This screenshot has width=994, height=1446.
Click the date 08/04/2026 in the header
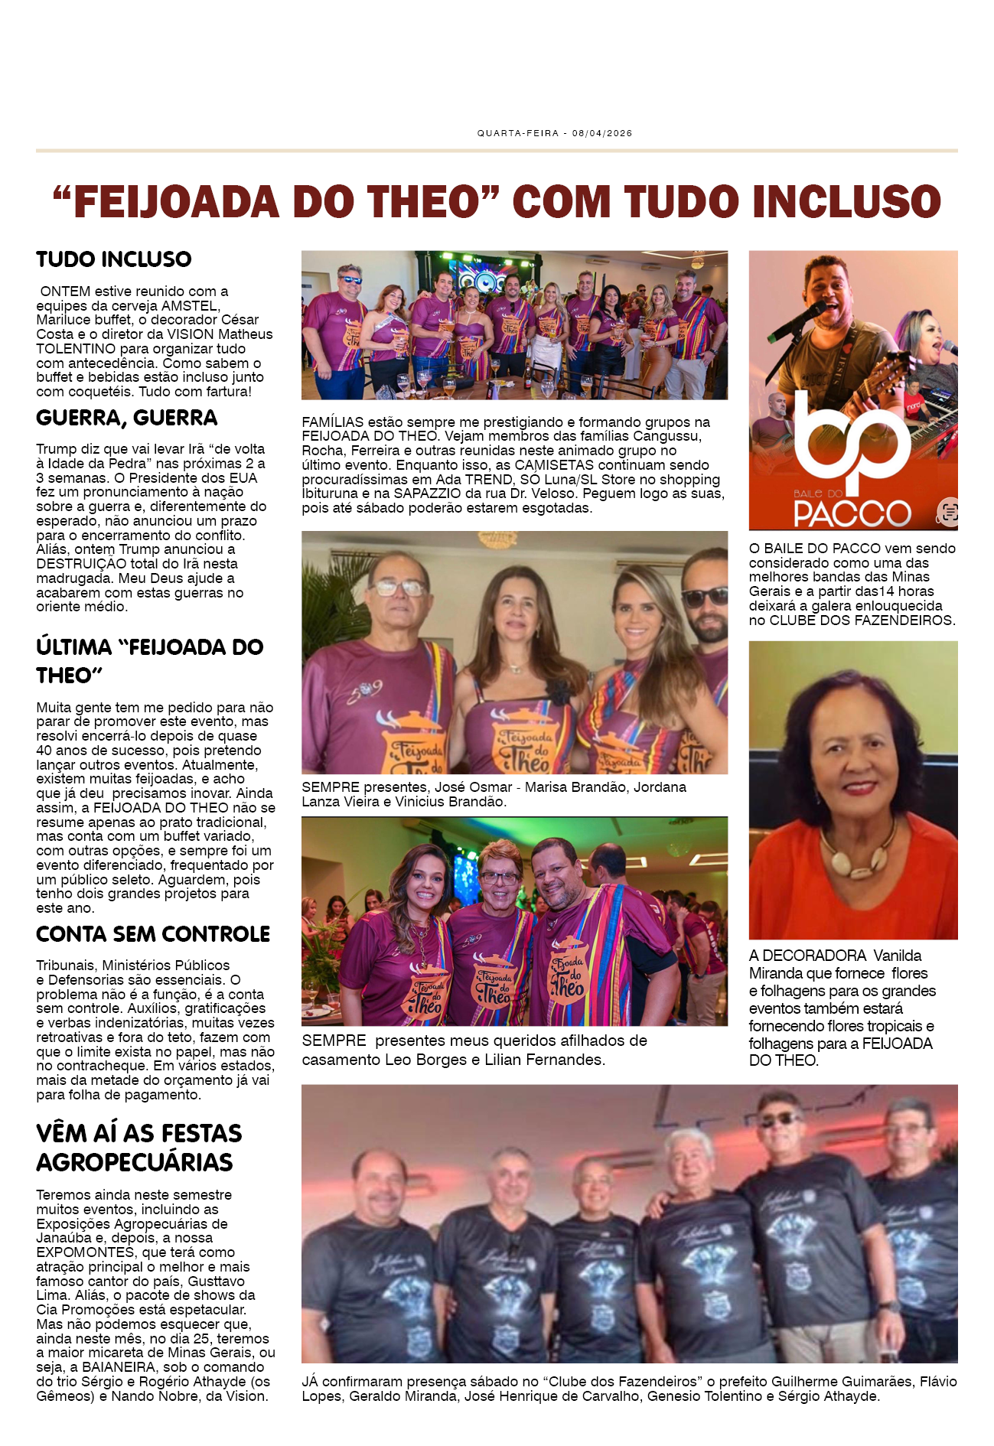[x=601, y=133]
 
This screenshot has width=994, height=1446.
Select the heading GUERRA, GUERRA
[x=127, y=418]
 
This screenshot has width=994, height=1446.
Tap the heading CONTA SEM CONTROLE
[x=153, y=934]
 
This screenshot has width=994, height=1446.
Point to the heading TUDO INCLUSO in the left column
[x=114, y=259]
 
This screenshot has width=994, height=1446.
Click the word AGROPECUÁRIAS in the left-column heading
[x=135, y=1162]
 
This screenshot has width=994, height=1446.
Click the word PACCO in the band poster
[x=852, y=513]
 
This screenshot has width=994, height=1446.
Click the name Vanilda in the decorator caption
[x=897, y=956]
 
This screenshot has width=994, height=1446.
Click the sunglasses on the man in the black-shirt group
[x=779, y=1119]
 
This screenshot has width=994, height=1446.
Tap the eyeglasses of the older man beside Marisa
[x=400, y=588]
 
